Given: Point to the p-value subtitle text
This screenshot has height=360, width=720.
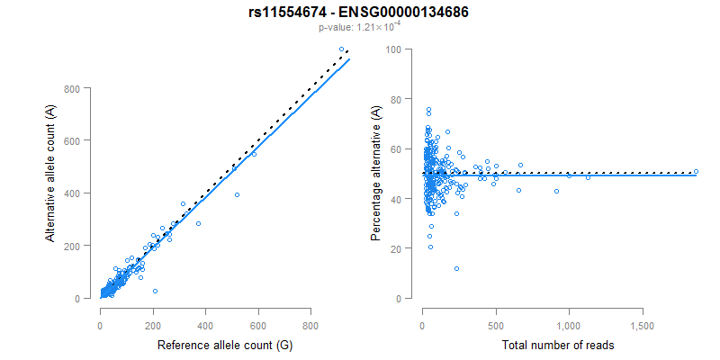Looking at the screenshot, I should [360, 28].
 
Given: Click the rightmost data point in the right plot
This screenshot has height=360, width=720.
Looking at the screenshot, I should [696, 172].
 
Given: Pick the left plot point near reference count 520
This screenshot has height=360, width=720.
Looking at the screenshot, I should [237, 194].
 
